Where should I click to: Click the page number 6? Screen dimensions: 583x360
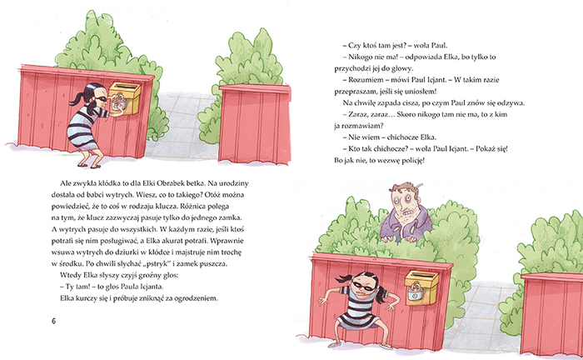(54, 321)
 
